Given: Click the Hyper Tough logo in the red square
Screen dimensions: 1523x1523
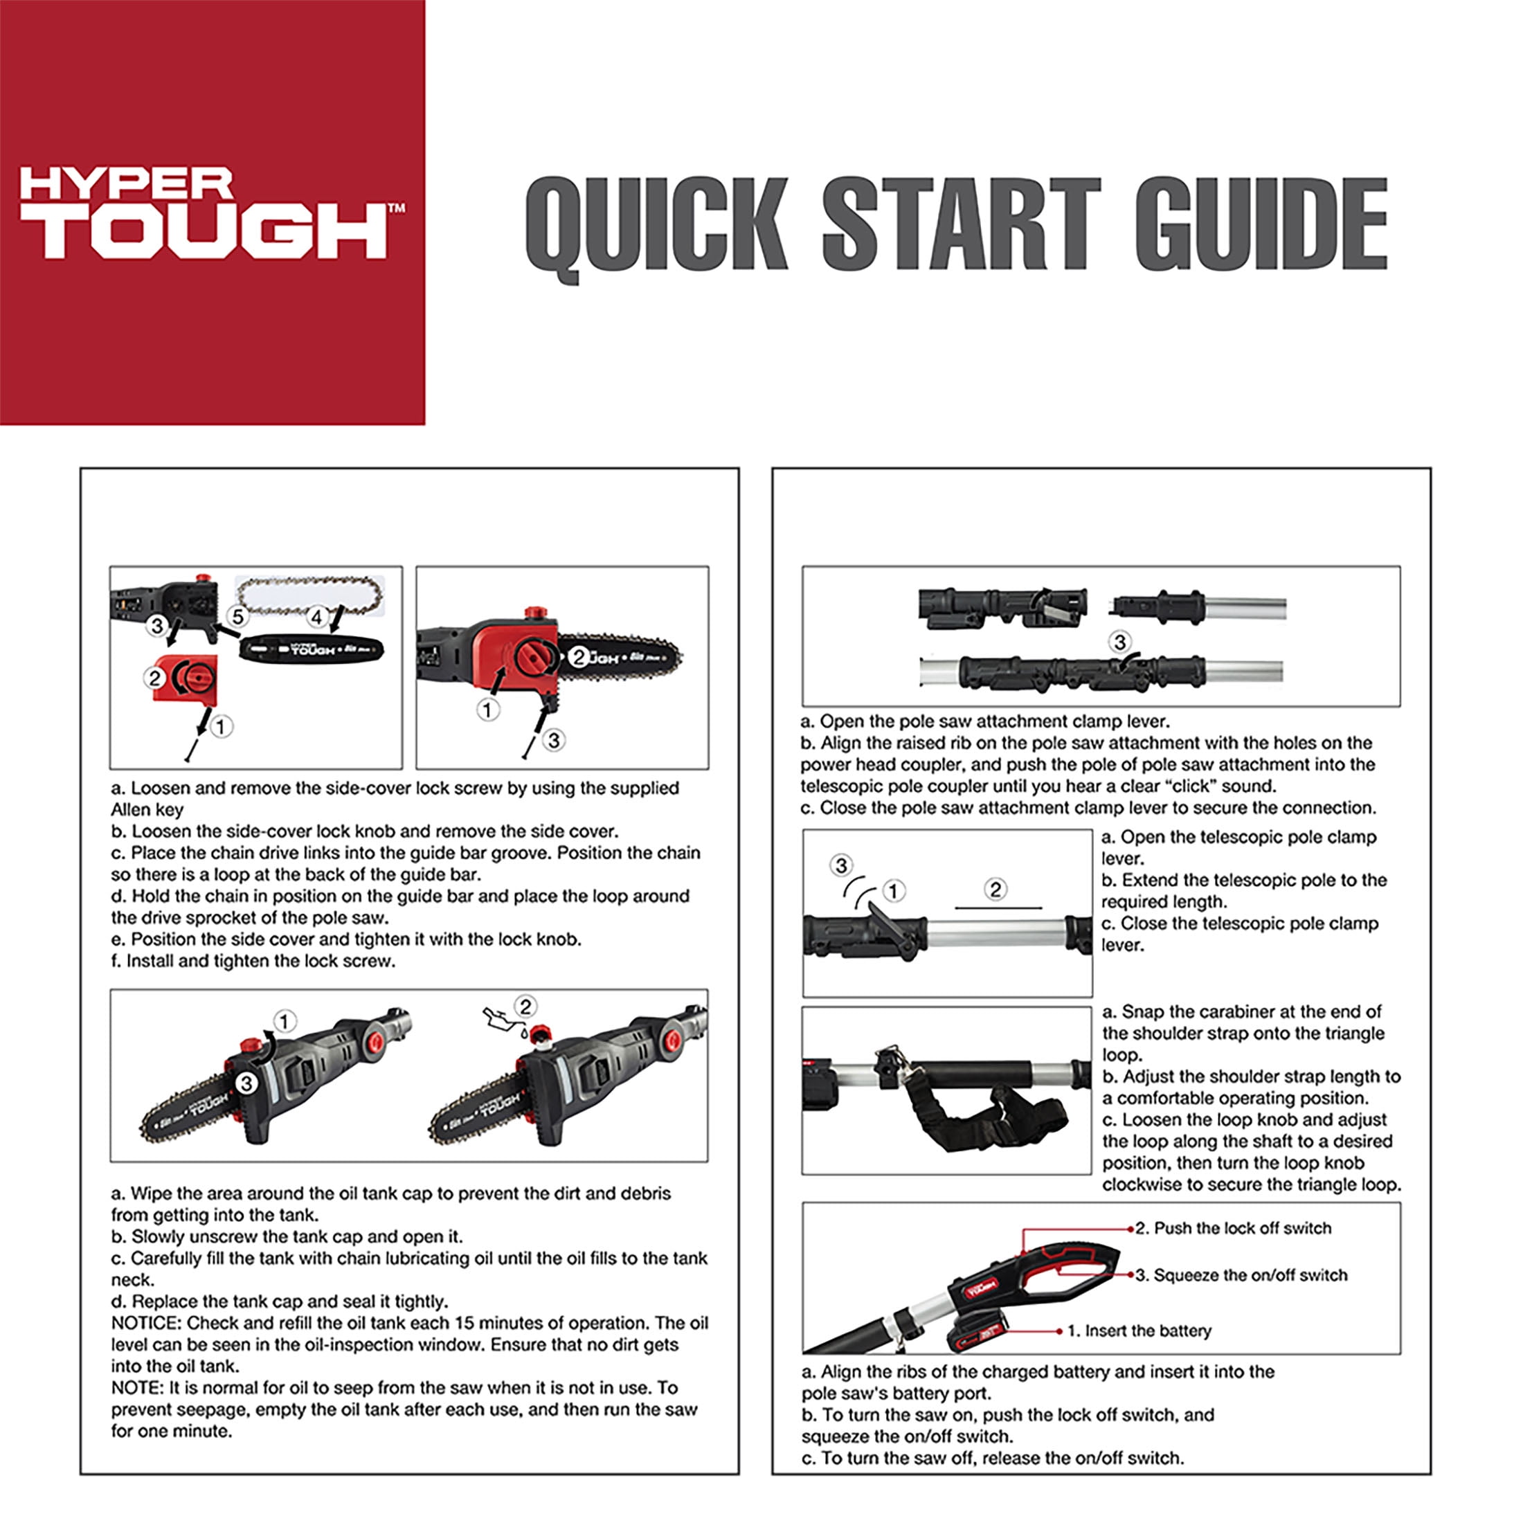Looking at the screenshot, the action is pyautogui.click(x=212, y=213).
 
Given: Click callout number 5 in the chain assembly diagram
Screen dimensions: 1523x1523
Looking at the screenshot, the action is pyautogui.click(x=237, y=615).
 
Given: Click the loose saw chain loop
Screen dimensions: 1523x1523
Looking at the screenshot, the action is pyautogui.click(x=310, y=596).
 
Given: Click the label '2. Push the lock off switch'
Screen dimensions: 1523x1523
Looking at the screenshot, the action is pyautogui.click(x=1234, y=1228).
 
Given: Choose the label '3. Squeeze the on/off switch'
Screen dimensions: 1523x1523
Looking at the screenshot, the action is pyautogui.click(x=1241, y=1274).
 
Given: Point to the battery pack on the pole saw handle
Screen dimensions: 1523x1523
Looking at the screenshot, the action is pyautogui.click(x=977, y=1331).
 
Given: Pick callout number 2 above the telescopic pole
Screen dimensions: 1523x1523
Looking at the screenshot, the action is pyautogui.click(x=995, y=889).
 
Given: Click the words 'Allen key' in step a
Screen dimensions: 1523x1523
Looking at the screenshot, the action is pyautogui.click(x=147, y=809).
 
